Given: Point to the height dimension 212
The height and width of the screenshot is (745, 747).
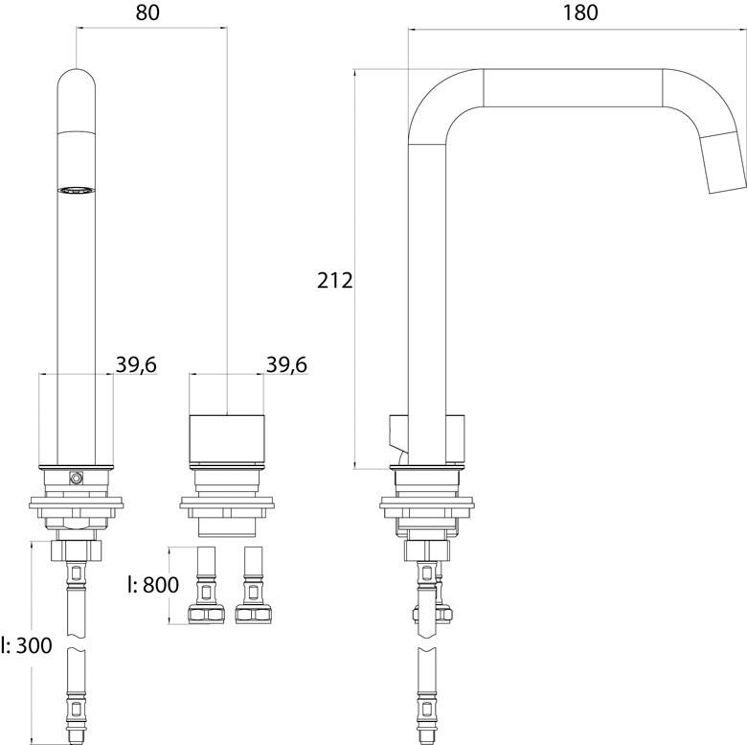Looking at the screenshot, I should click(336, 280).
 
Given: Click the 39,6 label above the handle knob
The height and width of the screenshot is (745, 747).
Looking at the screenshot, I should click(285, 365).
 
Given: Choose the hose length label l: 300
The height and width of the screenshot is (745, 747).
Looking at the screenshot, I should click(26, 645).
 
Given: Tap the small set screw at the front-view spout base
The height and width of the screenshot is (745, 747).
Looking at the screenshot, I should click(77, 477).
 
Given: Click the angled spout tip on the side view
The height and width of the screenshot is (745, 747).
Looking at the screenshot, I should click(725, 163).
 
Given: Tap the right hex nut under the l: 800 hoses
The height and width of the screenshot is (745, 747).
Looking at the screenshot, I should click(253, 614).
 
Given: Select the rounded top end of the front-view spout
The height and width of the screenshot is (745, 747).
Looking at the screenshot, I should click(77, 81).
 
